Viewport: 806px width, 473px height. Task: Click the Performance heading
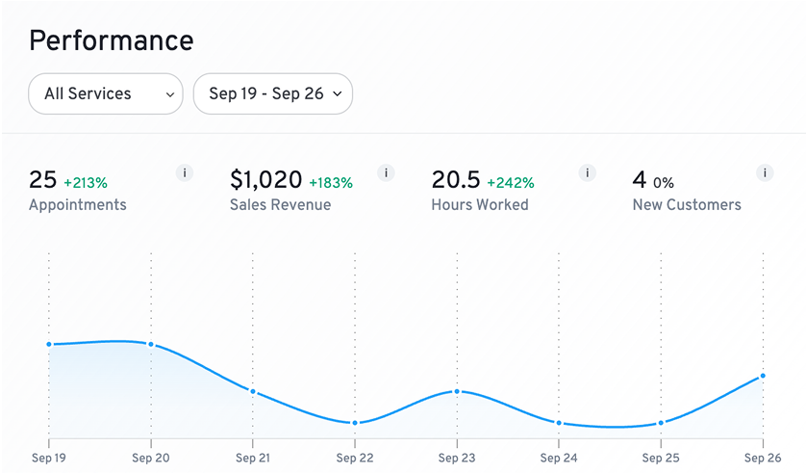click(111, 40)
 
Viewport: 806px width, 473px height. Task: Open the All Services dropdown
click(105, 94)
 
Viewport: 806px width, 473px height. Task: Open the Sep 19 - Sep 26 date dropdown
click(273, 94)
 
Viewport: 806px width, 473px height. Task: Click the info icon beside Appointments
click(186, 173)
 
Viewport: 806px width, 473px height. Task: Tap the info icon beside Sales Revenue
click(387, 173)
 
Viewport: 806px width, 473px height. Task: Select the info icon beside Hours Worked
click(588, 173)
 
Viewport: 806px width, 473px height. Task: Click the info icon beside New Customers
click(766, 173)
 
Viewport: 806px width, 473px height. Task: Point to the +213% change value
click(86, 182)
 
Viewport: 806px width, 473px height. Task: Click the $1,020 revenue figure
click(265, 180)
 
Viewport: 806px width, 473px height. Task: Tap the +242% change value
click(510, 182)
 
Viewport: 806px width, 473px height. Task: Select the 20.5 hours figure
click(455, 180)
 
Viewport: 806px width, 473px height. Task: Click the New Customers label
click(687, 204)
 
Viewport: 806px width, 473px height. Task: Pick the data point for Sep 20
click(151, 345)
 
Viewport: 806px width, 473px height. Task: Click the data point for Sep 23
click(457, 391)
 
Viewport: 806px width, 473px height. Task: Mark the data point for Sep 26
click(763, 376)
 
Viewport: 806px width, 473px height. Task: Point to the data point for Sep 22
click(355, 423)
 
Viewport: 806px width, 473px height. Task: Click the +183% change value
click(330, 182)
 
